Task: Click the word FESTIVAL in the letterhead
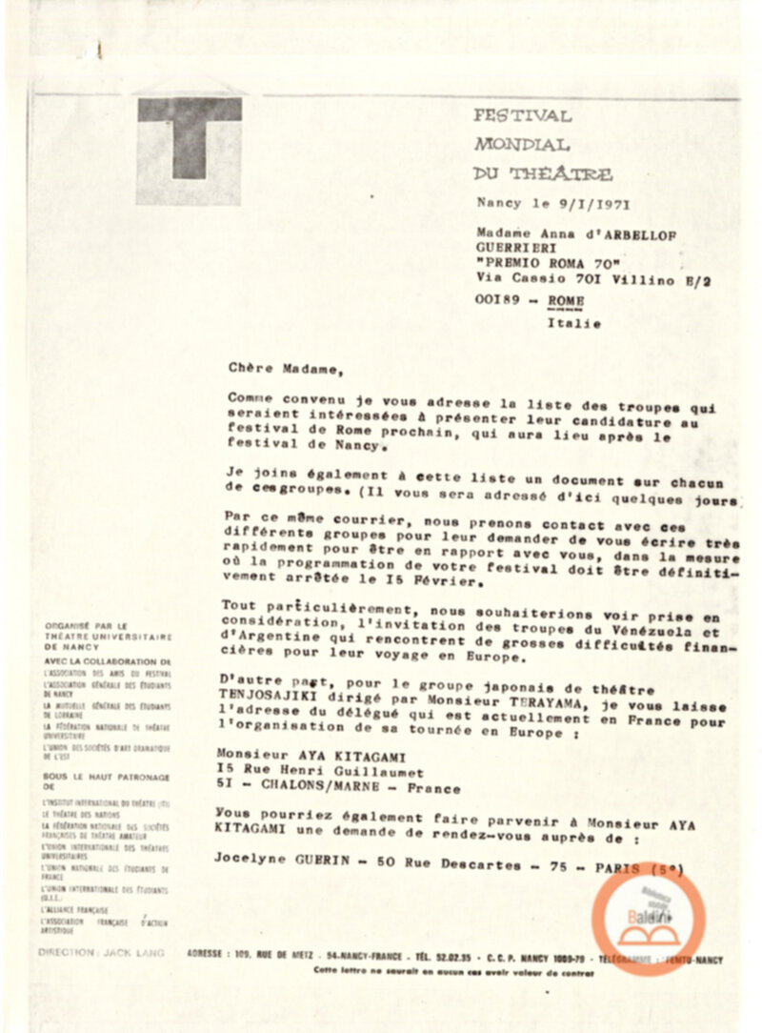click(x=523, y=116)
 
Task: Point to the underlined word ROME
click(x=567, y=301)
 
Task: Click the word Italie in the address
click(x=573, y=323)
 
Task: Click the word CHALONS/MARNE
click(x=322, y=788)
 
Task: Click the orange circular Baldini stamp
click(x=648, y=918)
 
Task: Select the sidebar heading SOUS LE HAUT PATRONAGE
click(x=107, y=778)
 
